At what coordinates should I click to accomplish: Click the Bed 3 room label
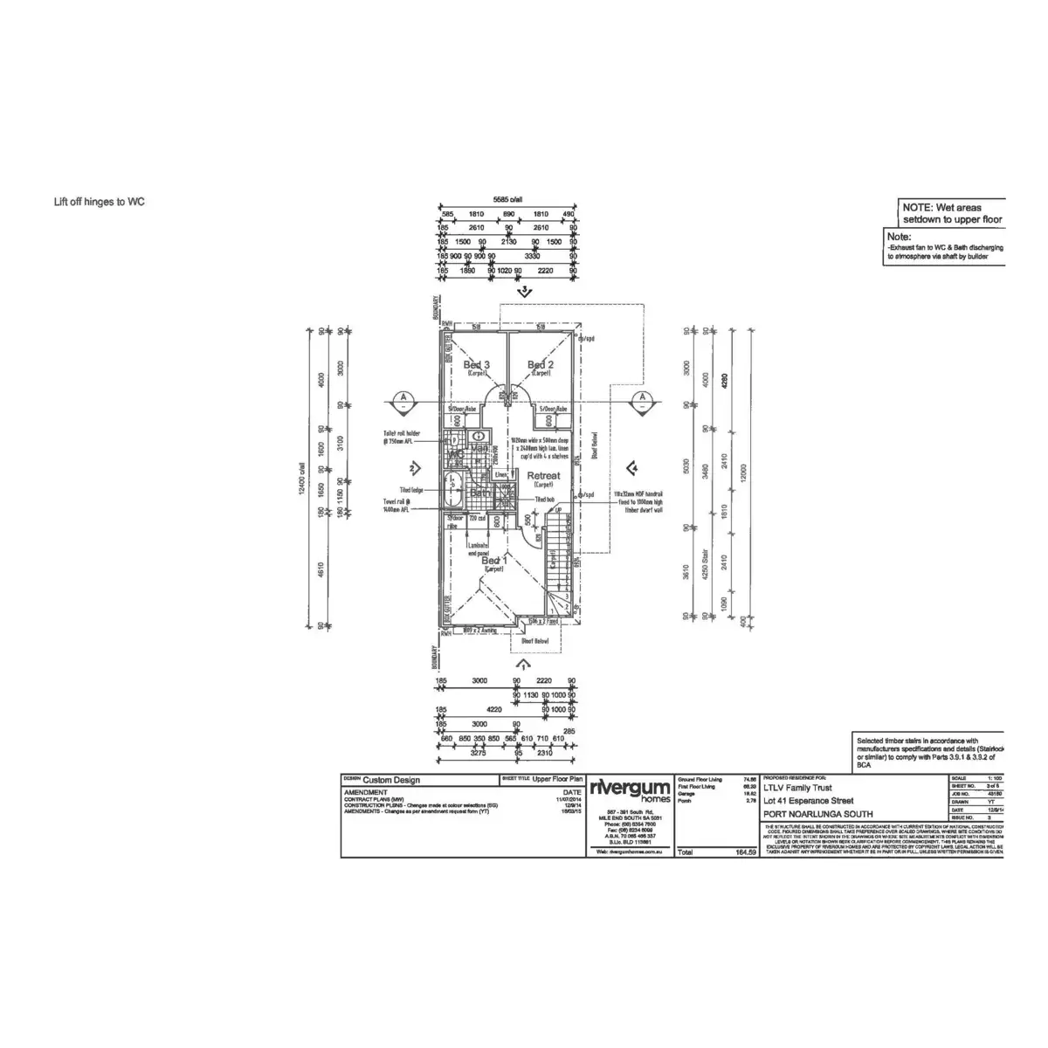pyautogui.click(x=476, y=365)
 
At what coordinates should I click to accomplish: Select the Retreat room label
pyautogui.click(x=543, y=476)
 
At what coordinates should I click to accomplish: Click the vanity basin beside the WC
pyautogui.click(x=478, y=437)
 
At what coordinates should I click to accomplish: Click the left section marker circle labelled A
pyautogui.click(x=403, y=399)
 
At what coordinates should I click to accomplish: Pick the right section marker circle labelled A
pyautogui.click(x=642, y=399)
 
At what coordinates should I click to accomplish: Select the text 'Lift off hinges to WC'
pyautogui.click(x=100, y=202)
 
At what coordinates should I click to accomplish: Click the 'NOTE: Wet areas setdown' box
pyautogui.click(x=952, y=214)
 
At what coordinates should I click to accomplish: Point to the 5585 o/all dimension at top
pyautogui.click(x=507, y=199)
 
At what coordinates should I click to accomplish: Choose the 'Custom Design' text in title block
pyautogui.click(x=390, y=780)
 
